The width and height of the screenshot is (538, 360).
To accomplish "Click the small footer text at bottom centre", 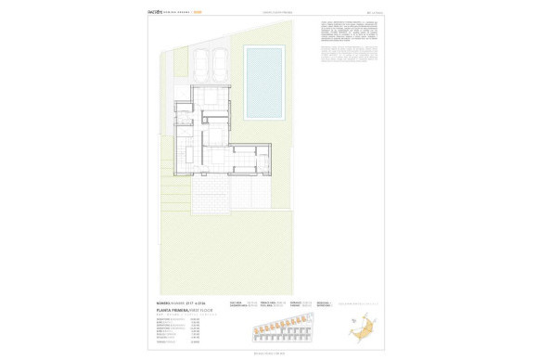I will [x=268, y=354].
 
